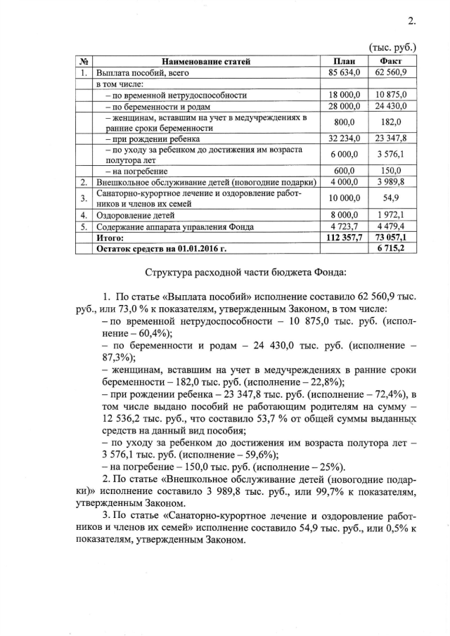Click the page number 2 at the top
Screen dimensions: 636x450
point(412,21)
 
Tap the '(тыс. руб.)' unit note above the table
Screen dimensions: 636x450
point(392,48)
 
